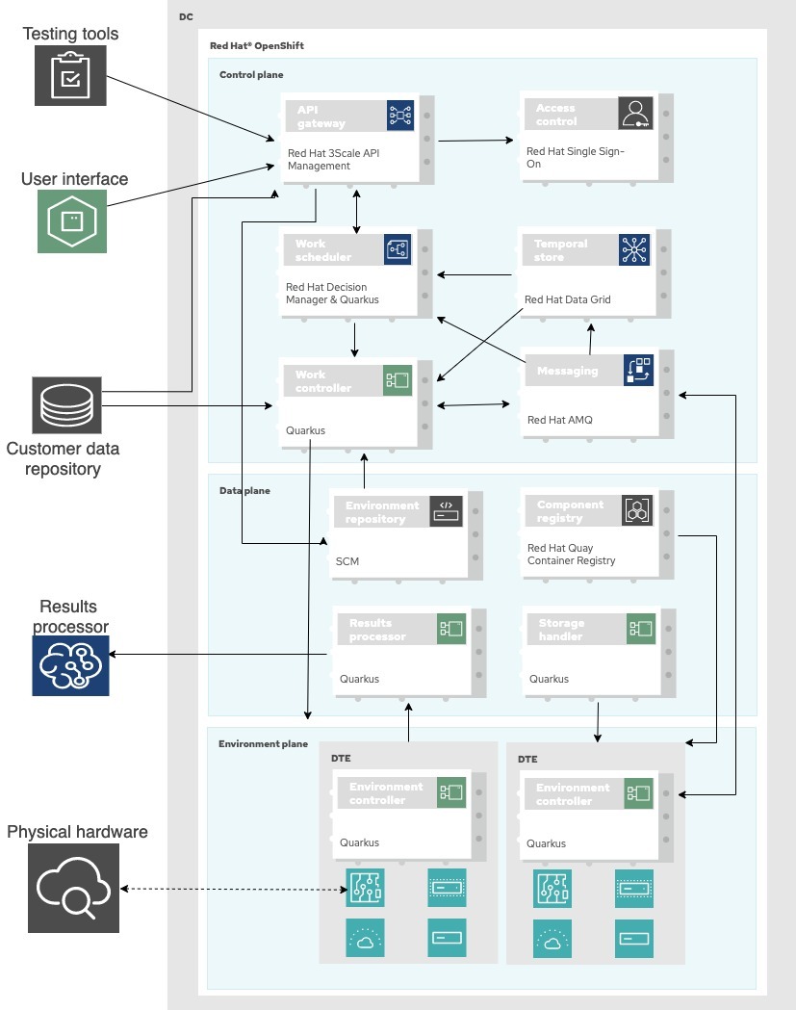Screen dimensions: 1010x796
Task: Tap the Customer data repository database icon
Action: click(66, 405)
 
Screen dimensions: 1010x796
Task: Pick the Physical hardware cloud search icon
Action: click(73, 888)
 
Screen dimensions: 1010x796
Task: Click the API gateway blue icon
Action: click(399, 116)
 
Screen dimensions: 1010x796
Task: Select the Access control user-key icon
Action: click(635, 113)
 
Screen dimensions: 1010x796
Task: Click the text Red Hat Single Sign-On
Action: click(575, 158)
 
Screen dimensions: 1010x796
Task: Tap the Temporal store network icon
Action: click(634, 249)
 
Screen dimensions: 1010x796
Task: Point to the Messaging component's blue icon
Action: click(638, 371)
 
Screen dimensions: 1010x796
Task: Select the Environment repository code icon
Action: click(446, 510)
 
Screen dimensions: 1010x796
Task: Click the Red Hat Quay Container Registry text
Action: click(571, 555)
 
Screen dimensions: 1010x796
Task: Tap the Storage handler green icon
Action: click(640, 629)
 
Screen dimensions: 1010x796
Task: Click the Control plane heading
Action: click(251, 74)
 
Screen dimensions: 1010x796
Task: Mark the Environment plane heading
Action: click(263, 743)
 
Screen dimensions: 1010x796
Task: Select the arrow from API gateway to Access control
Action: click(475, 141)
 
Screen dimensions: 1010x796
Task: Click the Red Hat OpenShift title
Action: click(257, 45)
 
